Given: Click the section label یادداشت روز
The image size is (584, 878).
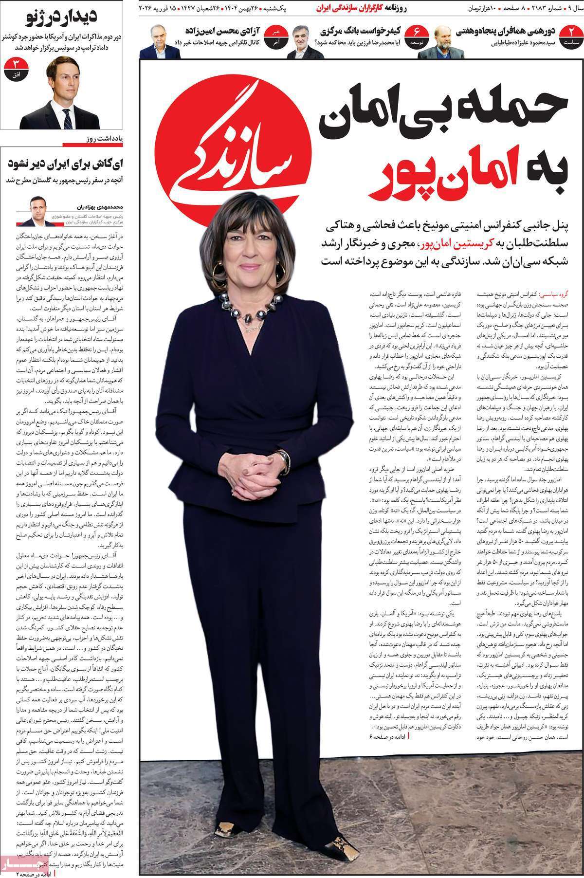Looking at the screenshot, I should coord(112,139).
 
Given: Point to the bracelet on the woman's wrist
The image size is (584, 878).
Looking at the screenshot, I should coord(283,457).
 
